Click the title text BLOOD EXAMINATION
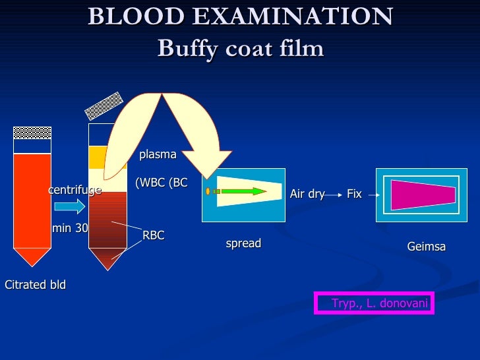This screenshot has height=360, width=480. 240,16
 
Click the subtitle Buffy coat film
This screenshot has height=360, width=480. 240,48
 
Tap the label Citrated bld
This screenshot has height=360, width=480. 35,285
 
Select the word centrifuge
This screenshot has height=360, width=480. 75,190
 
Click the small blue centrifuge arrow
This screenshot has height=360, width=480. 69,206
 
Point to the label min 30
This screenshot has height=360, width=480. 70,228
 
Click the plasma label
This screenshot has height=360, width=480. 158,154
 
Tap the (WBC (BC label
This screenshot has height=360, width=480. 162,183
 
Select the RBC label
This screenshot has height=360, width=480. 154,235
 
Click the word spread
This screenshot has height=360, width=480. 243,243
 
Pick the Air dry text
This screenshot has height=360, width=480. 307,194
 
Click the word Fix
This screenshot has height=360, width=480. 354,194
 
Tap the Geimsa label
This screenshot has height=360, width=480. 427,247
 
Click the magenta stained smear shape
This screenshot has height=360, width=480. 422,195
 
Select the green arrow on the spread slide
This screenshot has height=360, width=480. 244,191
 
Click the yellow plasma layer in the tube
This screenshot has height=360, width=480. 98,157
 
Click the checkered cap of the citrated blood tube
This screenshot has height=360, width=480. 32,133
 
